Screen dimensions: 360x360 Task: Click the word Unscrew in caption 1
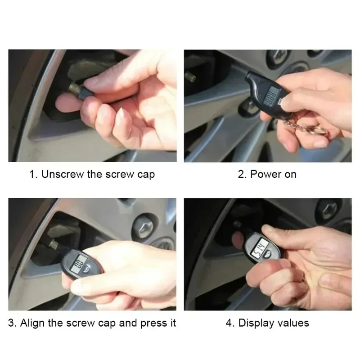62,175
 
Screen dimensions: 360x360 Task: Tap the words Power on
273,175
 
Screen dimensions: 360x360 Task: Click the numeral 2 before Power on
241,175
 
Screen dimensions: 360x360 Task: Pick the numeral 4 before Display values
229,323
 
